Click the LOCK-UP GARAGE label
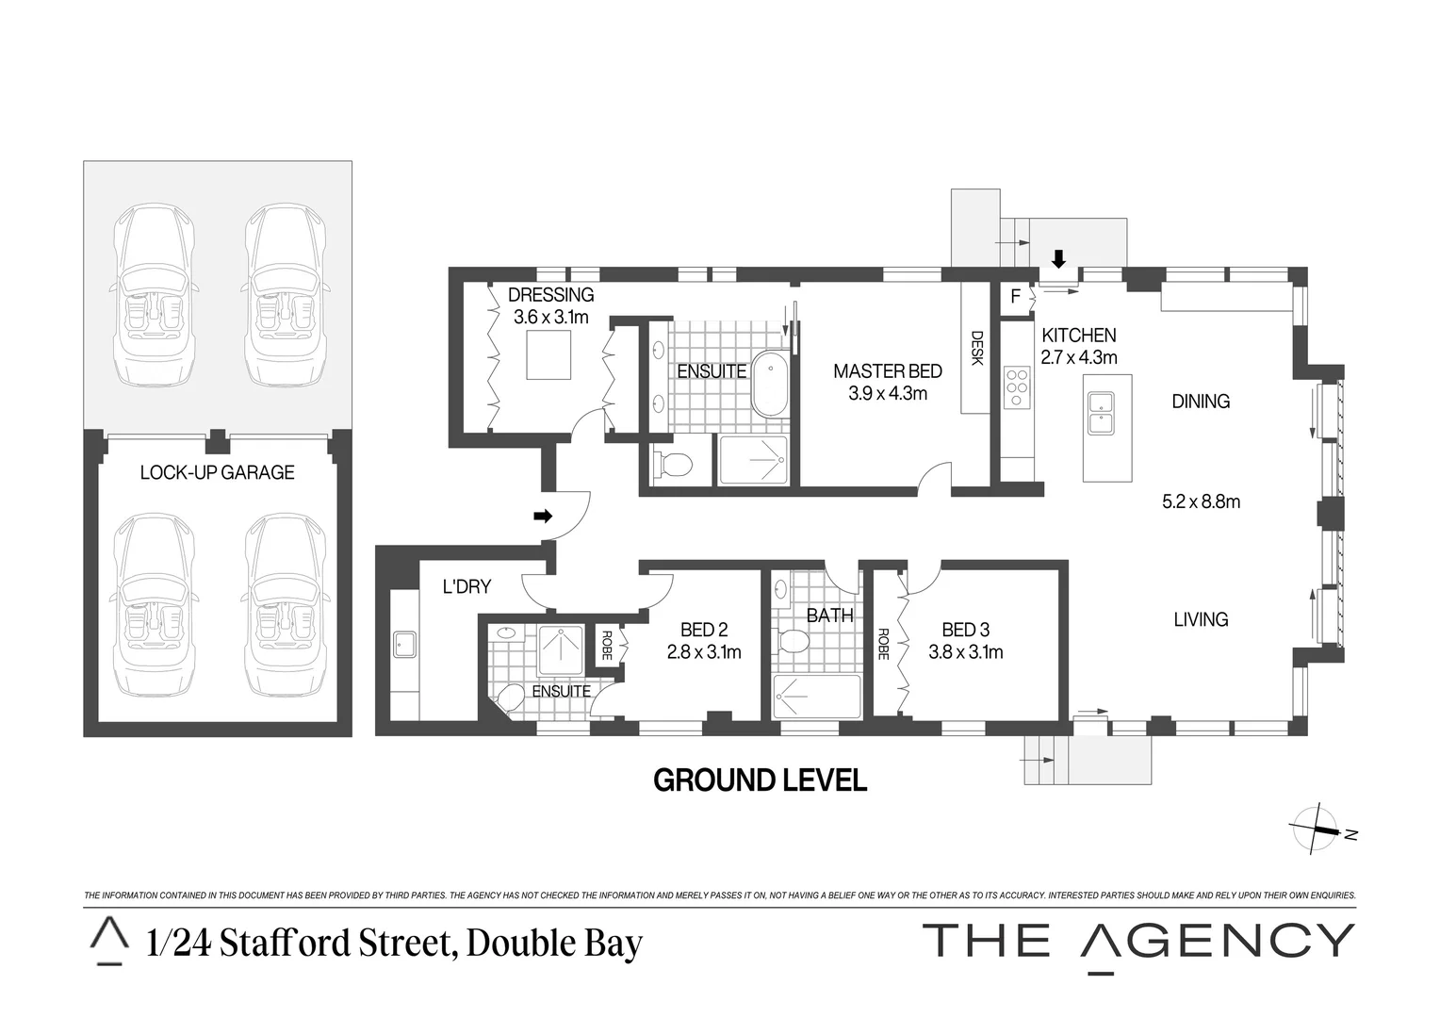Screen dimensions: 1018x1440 [x=217, y=472]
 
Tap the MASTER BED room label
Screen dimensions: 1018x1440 [x=887, y=371]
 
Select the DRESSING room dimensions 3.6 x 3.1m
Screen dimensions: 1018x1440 [x=550, y=318]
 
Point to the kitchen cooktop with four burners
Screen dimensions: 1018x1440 [x=1017, y=386]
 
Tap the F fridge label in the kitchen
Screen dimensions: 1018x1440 [x=1015, y=297]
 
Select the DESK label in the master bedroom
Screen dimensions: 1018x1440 [x=976, y=348]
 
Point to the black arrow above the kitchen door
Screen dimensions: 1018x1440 [x=1058, y=258]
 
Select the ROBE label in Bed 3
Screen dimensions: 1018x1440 [x=883, y=644]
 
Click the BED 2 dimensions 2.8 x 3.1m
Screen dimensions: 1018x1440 [x=703, y=652]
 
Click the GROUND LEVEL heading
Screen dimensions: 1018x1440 [x=760, y=780]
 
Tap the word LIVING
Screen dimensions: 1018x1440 [x=1201, y=619]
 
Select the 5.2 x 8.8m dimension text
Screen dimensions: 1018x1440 [x=1201, y=501]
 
